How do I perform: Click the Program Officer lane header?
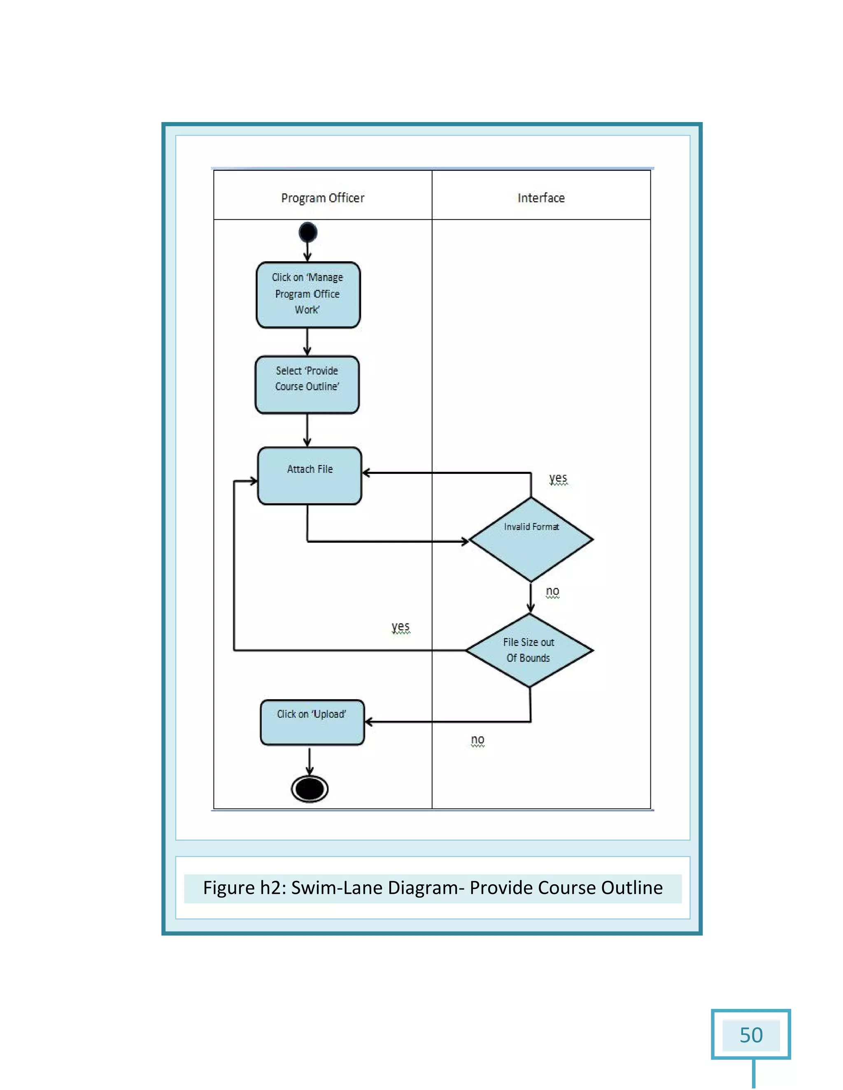pyautogui.click(x=323, y=198)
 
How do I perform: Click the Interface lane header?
pyautogui.click(x=541, y=198)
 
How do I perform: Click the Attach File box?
pyautogui.click(x=310, y=475)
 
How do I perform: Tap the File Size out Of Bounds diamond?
pyautogui.click(x=529, y=650)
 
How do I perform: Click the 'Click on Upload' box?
pyautogui.click(x=312, y=722)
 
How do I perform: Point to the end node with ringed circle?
pyautogui.click(x=310, y=789)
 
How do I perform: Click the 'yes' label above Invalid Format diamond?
pyautogui.click(x=558, y=478)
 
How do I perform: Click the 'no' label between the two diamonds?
pyautogui.click(x=552, y=591)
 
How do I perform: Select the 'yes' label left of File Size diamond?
pyautogui.click(x=401, y=626)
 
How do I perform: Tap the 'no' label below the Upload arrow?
pyautogui.click(x=477, y=740)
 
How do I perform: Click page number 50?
pyautogui.click(x=751, y=1035)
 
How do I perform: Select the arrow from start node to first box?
pyautogui.click(x=307, y=251)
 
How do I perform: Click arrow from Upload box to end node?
pyautogui.click(x=310, y=761)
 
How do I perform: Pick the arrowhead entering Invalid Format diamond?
pyautogui.click(x=464, y=541)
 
